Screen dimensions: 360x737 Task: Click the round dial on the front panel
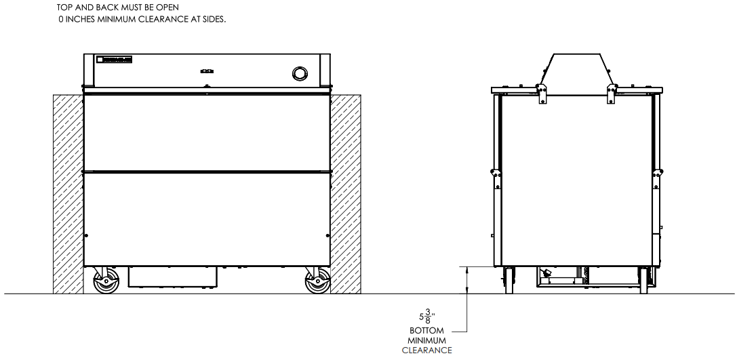pos(299,73)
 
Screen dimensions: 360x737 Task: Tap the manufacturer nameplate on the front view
pos(115,60)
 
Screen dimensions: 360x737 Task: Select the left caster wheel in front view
pos(105,282)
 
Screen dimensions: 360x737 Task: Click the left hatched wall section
pos(68,193)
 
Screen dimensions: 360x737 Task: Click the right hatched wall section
pos(346,193)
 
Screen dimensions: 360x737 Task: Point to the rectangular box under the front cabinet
pos(172,276)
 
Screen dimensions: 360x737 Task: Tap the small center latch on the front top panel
pos(207,70)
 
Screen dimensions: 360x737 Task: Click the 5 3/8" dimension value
pos(426,316)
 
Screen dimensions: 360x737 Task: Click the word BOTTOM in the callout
pos(427,331)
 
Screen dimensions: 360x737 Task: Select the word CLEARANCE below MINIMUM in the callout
pos(427,351)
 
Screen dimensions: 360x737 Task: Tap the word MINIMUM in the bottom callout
pos(427,340)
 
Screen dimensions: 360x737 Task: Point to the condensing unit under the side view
pos(563,276)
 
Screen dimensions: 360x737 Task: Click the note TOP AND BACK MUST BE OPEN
pos(117,8)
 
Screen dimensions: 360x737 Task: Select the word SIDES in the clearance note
pos(212,20)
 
